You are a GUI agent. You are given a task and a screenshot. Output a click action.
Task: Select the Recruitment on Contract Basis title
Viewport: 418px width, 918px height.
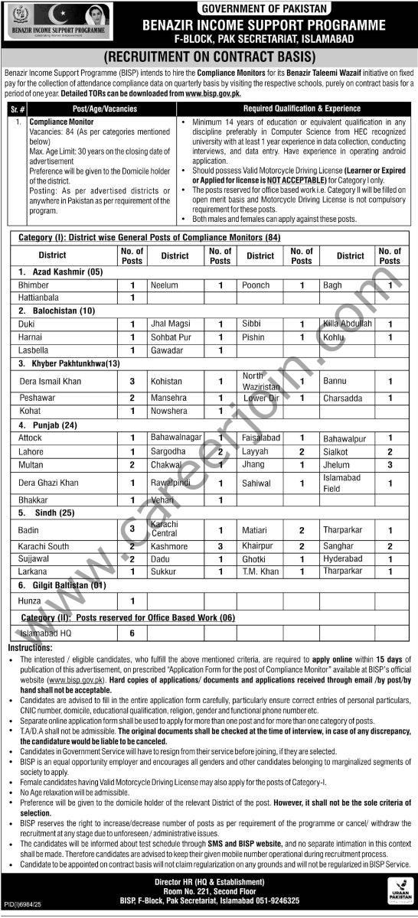pos(209,57)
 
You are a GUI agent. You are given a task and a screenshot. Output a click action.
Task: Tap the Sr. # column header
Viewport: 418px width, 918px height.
pos(16,109)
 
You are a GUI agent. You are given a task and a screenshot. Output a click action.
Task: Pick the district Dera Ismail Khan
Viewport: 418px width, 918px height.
pos(49,381)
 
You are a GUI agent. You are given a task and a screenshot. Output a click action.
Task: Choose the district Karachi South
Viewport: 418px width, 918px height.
pos(44,547)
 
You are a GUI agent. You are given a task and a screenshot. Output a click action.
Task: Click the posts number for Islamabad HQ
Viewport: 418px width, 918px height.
pos(132,633)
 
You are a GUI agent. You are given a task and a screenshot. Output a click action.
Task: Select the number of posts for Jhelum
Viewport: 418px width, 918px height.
pos(390,464)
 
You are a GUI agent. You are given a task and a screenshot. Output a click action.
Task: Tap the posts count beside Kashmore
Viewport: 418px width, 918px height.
pos(220,547)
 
